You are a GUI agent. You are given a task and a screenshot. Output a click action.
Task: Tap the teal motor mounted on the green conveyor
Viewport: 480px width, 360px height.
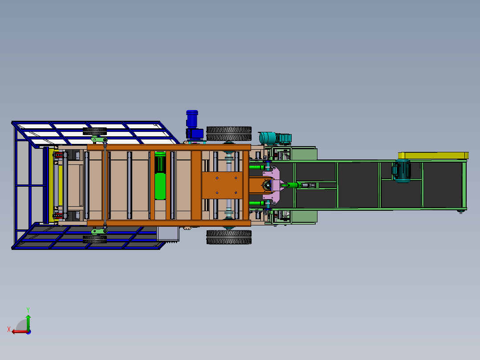401,171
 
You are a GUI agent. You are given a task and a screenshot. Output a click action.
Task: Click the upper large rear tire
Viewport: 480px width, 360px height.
229,133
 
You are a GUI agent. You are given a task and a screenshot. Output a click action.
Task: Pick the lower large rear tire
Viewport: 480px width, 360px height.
229,237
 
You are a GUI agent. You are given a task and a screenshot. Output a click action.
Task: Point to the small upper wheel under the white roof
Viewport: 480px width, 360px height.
95,131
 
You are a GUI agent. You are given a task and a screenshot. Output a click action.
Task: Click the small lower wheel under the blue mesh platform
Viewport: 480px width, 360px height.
95,239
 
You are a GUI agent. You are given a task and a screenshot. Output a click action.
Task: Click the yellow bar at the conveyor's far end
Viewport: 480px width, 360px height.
433,155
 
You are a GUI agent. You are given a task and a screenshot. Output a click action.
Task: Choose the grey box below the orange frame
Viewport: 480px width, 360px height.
168,234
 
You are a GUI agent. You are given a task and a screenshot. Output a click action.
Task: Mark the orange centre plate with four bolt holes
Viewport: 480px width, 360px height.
222,185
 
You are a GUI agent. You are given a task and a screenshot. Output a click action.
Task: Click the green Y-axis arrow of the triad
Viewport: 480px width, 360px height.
28,320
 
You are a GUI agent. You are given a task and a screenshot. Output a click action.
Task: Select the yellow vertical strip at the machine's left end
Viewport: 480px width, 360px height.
50,185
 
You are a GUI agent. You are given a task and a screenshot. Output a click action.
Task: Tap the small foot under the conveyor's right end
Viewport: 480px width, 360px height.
460,212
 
